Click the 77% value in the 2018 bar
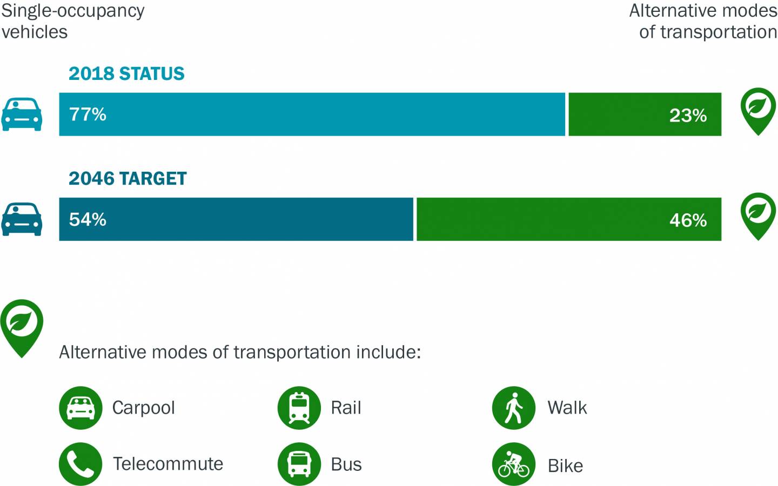point(88,114)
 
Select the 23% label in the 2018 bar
point(688,116)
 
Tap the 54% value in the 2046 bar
point(88,219)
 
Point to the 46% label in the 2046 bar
point(688,220)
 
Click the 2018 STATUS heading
point(126,73)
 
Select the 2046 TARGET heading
point(128,178)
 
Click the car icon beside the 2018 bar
point(22,114)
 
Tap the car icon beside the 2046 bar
point(22,219)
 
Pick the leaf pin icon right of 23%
point(758,110)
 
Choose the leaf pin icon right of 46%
point(758,215)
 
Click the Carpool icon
point(81,408)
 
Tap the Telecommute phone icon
point(81,464)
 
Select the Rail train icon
point(299,408)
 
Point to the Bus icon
point(299,464)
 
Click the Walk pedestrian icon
point(513,408)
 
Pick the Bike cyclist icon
point(513,464)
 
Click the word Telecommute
point(168,464)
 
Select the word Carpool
point(143,408)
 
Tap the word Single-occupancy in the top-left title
point(73,11)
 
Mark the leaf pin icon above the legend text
point(22,326)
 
